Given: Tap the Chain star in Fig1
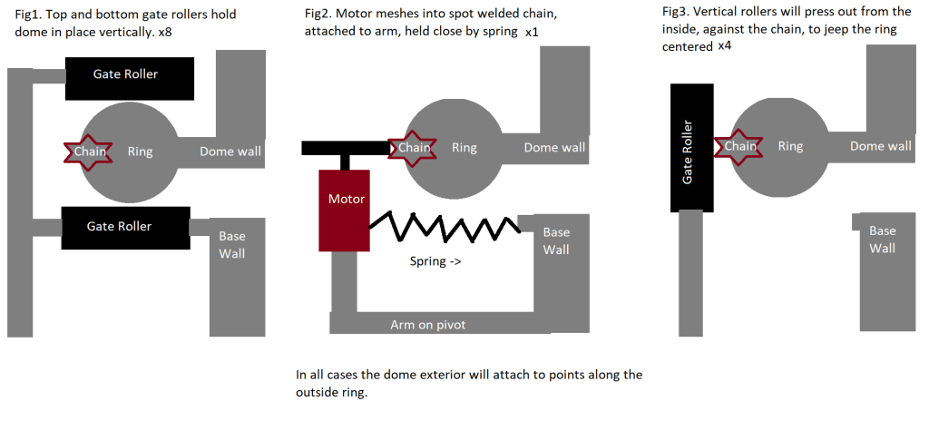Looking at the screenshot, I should (x=90, y=152).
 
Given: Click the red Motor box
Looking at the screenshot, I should (x=344, y=210).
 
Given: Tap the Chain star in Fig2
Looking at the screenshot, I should (x=414, y=148).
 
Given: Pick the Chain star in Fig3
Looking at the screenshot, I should (x=739, y=146).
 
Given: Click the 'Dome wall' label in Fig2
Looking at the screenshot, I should (x=554, y=148).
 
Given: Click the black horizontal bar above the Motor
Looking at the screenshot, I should (x=345, y=148).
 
